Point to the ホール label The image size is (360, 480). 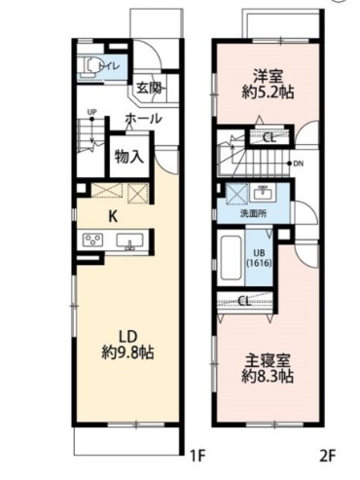(143, 119)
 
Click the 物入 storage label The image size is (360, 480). (128, 156)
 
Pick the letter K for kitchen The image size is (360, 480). (114, 215)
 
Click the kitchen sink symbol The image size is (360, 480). (133, 241)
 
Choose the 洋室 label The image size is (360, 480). (267, 74)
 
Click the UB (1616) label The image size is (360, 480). (259, 256)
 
